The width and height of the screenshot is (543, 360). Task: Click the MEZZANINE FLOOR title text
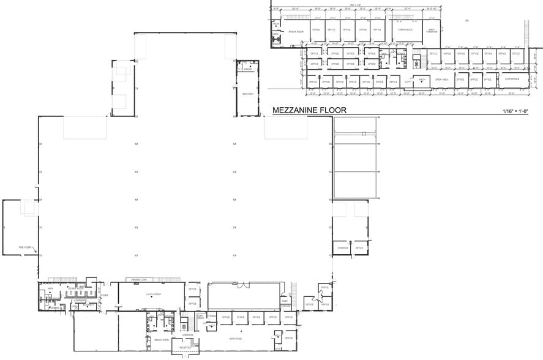pyautogui.click(x=309, y=110)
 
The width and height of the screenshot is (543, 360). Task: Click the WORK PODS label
pyautogui.click(x=236, y=338)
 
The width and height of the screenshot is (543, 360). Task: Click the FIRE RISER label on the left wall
pyautogui.click(x=26, y=247)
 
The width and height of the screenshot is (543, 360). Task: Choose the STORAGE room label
pyautogui.click(x=342, y=248)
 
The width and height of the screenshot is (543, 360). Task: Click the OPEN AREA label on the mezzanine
pyautogui.click(x=441, y=80)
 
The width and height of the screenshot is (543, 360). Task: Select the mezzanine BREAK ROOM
pyautogui.click(x=296, y=31)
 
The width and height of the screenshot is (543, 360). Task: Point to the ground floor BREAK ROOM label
pyautogui.click(x=162, y=339)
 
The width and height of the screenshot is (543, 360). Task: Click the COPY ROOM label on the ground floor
pyautogui.click(x=200, y=317)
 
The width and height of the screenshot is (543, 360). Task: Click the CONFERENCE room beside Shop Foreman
pyautogui.click(x=405, y=29)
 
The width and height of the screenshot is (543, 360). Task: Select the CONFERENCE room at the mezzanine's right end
pyautogui.click(x=512, y=79)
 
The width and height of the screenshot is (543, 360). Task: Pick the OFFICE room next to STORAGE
pyautogui.click(x=359, y=248)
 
